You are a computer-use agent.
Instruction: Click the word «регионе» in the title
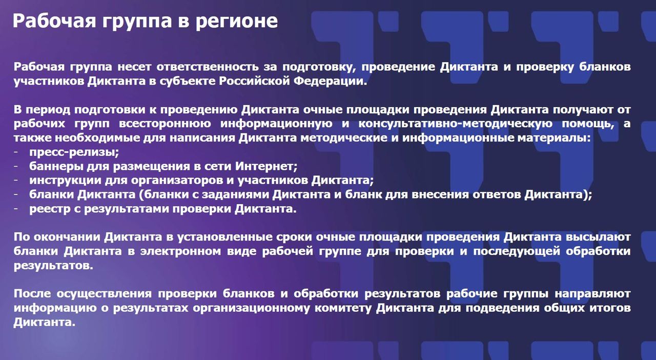coord(236,22)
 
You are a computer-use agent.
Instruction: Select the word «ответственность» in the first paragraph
coord(208,67)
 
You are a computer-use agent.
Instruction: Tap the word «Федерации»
coord(330,82)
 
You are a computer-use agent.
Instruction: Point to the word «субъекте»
coord(188,81)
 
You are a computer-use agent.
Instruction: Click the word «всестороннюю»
coord(165,124)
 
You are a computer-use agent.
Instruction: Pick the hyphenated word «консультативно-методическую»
coord(456,124)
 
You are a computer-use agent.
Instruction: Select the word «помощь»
coord(588,124)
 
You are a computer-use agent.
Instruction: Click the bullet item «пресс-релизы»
coord(74,152)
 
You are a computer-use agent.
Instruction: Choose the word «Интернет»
coord(266,167)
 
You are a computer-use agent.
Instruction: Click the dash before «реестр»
coord(16,209)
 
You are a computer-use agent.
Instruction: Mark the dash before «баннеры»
coord(16,166)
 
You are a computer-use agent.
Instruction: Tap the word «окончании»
coord(67,237)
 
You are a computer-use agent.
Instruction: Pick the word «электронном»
coord(180,252)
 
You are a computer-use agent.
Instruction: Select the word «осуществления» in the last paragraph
coord(104,294)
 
